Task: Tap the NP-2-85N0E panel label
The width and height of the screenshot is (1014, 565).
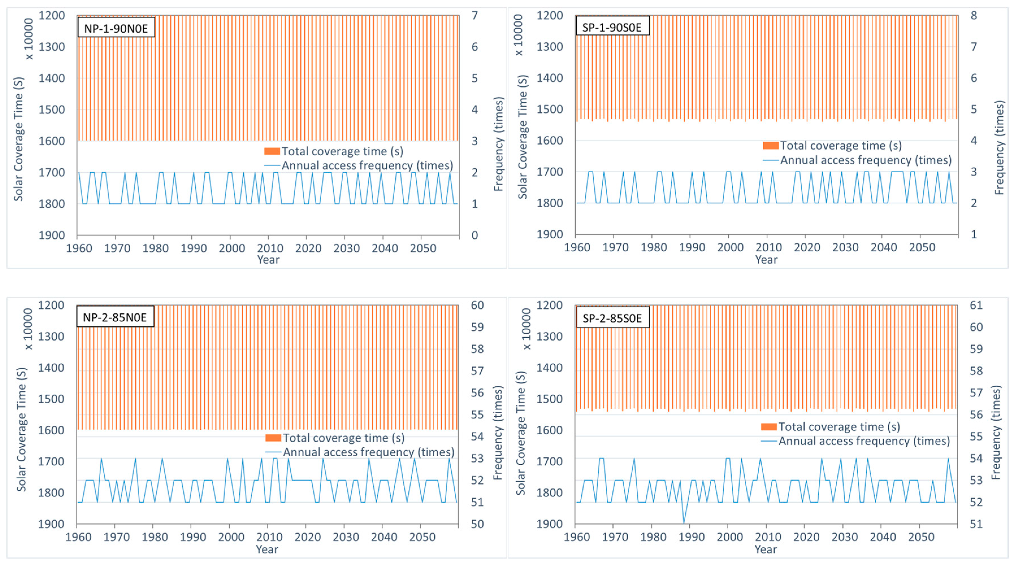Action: [x=115, y=317]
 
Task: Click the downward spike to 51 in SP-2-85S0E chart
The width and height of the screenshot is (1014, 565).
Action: [x=684, y=522]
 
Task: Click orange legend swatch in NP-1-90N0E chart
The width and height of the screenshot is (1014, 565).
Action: [x=272, y=151]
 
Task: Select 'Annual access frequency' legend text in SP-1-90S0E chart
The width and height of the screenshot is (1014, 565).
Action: [x=866, y=160]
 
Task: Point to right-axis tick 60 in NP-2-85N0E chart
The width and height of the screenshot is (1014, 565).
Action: [x=477, y=305]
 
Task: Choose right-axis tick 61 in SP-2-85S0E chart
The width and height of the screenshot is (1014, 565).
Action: [x=976, y=305]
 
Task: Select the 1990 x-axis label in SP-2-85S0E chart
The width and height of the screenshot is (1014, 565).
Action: [x=692, y=537]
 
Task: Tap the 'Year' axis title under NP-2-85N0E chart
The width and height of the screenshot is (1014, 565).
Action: [x=267, y=549]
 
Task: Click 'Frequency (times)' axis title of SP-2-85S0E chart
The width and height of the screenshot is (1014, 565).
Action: [x=996, y=433]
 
